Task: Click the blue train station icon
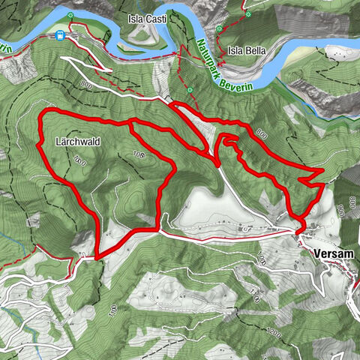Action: tap(59, 35)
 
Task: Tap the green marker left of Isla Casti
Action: tap(70, 15)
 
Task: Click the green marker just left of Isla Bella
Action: tap(218, 28)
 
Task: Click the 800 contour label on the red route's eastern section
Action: tap(261, 133)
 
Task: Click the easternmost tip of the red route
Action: tap(323, 172)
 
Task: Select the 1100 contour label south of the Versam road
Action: tap(261, 259)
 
